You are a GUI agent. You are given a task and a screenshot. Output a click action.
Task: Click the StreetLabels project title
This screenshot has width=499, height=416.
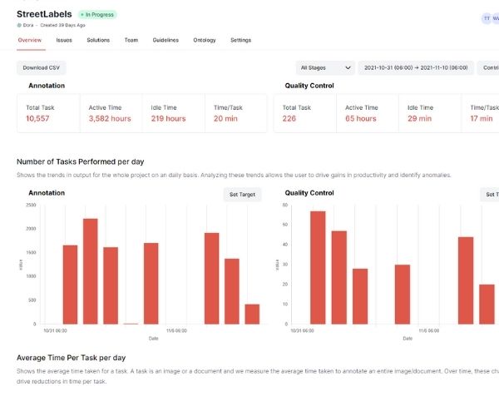point(44,14)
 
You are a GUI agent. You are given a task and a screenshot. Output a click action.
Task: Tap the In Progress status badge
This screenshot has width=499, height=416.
point(98,15)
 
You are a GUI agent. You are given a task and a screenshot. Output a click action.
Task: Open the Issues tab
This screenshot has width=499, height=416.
point(64,40)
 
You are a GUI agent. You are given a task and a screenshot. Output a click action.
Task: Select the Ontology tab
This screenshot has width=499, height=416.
point(205,40)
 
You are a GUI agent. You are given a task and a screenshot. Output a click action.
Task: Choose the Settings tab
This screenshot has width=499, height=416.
point(240,40)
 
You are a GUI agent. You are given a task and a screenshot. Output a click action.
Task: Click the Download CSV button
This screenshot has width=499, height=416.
point(41,67)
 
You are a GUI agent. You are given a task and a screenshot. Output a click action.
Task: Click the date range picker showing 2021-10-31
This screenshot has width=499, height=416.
point(416,67)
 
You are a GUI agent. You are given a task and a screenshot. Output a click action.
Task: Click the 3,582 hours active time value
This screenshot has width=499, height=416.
point(110,119)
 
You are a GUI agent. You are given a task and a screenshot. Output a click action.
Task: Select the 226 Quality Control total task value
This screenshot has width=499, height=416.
point(290,119)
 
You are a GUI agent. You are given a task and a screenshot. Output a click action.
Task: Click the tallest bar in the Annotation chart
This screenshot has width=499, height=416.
point(90,270)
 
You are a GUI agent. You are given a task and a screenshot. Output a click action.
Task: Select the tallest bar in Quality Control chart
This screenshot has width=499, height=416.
point(318,267)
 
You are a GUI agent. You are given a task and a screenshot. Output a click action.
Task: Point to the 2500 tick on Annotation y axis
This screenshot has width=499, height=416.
point(30,205)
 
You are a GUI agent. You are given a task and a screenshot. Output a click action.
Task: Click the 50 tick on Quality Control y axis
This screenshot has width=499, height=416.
point(285,225)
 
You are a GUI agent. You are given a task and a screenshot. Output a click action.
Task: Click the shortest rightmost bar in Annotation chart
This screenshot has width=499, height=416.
point(252,314)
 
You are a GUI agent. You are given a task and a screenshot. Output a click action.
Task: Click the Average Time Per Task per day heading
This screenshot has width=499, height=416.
point(72,358)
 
